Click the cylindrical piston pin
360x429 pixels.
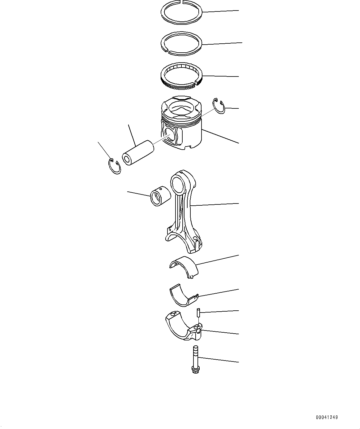click(x=138, y=152)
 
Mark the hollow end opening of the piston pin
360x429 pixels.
click(x=127, y=160)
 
